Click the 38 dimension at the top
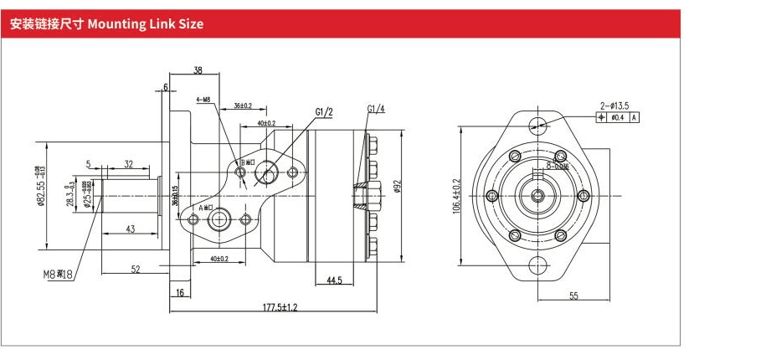(x=198, y=71)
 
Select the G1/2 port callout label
(x=324, y=111)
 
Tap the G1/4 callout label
(x=376, y=109)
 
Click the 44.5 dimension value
(x=333, y=280)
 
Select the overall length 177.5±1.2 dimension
(x=280, y=307)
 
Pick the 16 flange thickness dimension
(x=179, y=292)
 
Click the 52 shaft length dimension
(x=135, y=269)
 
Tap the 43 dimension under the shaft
(x=131, y=229)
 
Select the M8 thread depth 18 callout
(x=58, y=274)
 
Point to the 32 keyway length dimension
(x=128, y=164)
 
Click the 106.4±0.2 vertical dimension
(x=456, y=195)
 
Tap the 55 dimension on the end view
(x=574, y=296)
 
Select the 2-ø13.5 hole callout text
(x=614, y=105)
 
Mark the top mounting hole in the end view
(x=537, y=126)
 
